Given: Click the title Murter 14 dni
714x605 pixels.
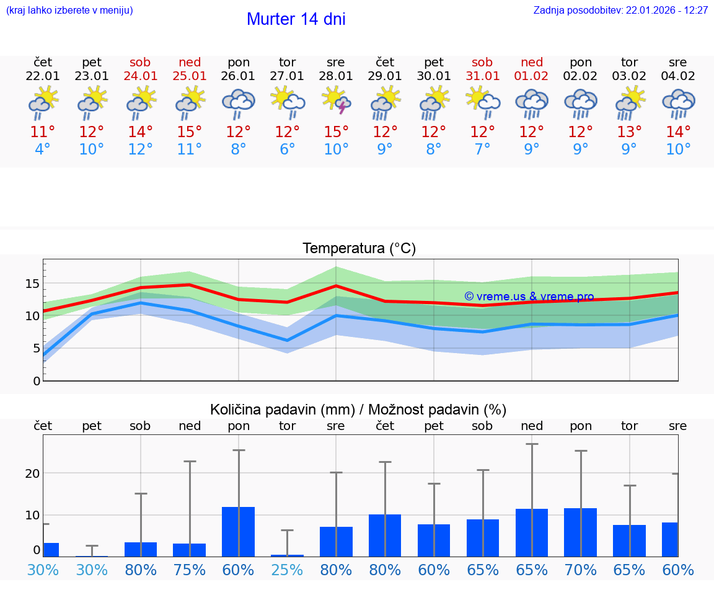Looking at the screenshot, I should pyautogui.click(x=296, y=19).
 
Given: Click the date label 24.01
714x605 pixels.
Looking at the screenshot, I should pyautogui.click(x=140, y=76).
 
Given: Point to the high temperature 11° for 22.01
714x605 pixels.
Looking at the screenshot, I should pyautogui.click(x=43, y=132).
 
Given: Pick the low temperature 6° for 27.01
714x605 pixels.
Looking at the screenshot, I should pyautogui.click(x=287, y=150).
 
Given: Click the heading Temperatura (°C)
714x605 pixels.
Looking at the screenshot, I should pyautogui.click(x=359, y=249).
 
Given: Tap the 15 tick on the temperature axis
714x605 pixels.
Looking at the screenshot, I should pyautogui.click(x=32, y=284).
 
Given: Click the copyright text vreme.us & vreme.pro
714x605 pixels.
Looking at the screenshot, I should pyautogui.click(x=529, y=297).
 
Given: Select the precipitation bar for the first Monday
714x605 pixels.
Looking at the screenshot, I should pyautogui.click(x=238, y=531).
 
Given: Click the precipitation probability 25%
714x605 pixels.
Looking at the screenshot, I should pyautogui.click(x=287, y=570).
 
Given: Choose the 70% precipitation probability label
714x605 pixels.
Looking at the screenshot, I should pyautogui.click(x=580, y=570).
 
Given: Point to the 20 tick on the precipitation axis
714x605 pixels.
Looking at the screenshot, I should pyautogui.click(x=32, y=473).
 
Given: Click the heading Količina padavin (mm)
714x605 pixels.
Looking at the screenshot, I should pyautogui.click(x=282, y=410).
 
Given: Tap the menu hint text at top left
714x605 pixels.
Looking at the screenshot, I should pyautogui.click(x=69, y=11).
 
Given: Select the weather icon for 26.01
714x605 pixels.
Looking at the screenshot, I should pyautogui.click(x=238, y=102).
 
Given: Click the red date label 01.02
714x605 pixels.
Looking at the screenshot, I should pyautogui.click(x=531, y=76).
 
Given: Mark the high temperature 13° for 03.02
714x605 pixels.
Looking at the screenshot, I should pyautogui.click(x=629, y=132).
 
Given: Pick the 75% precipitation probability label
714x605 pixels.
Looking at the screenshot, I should pyautogui.click(x=189, y=570).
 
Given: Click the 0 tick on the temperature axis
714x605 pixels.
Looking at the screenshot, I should pyautogui.click(x=36, y=380).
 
